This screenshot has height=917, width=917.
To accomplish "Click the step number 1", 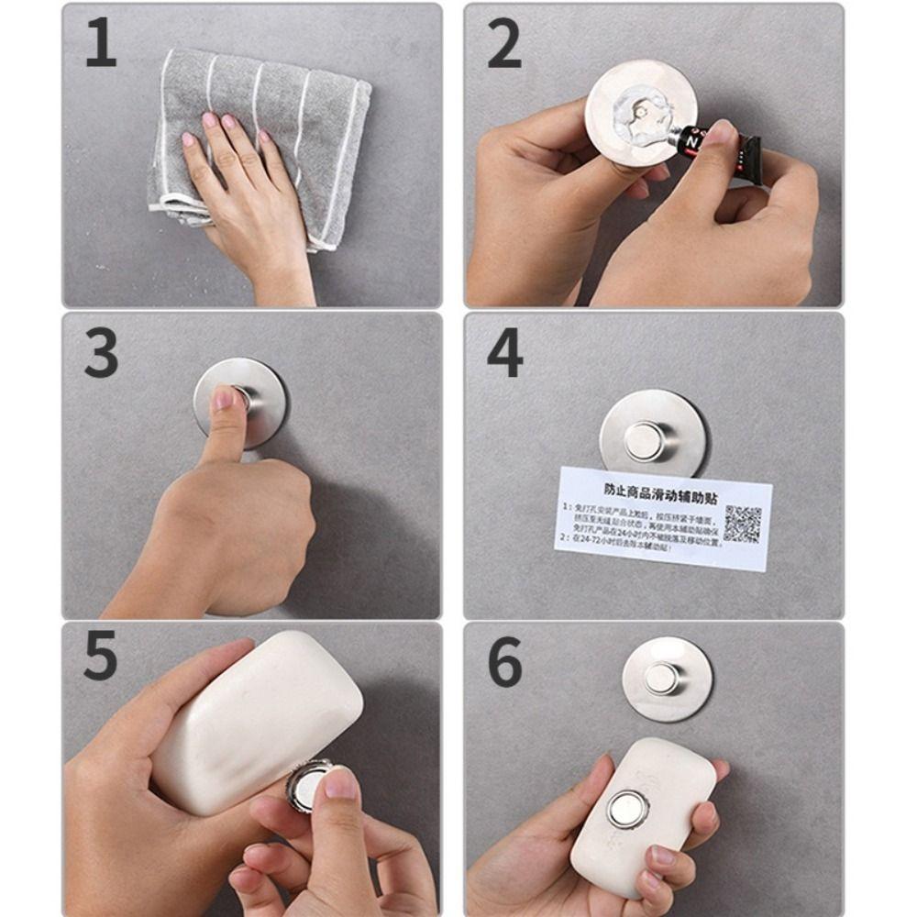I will [101, 45].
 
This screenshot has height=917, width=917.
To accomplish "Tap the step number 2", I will [503, 45].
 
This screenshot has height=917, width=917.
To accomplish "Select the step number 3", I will [101, 354].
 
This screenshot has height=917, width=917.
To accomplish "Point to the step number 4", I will [504, 354].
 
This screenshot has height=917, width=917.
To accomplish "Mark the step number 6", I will [504, 661].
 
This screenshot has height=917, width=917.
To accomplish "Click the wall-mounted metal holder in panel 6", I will [666, 679].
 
